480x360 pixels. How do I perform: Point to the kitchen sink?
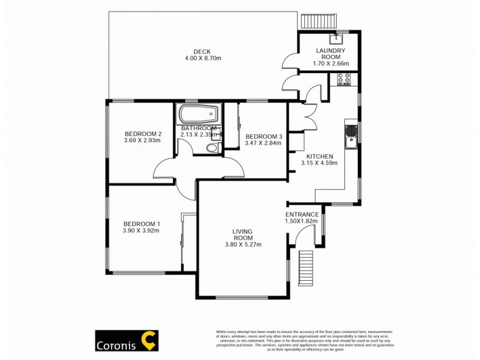[x=352, y=137]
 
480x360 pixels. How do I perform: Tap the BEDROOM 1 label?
[x=142, y=223]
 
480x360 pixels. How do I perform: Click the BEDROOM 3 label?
[x=263, y=135]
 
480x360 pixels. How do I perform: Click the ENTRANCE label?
[x=302, y=214]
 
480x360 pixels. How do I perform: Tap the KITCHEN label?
[x=320, y=155]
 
